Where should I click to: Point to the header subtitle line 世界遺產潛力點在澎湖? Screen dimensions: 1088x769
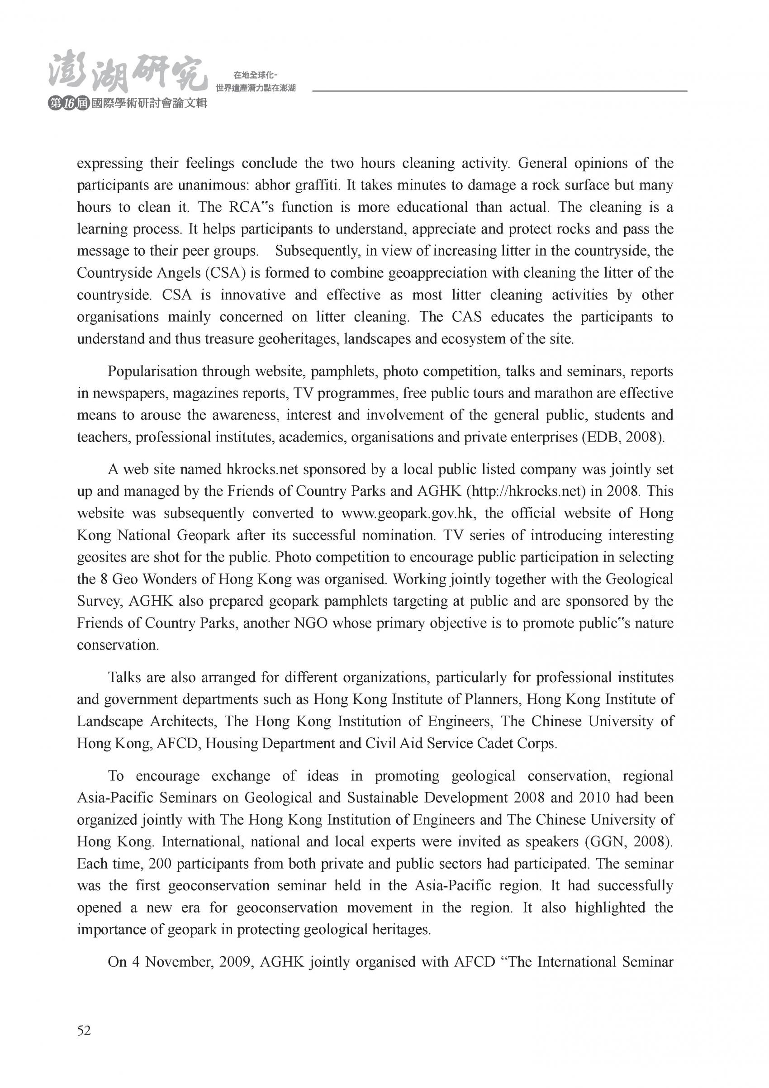coord(256,88)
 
